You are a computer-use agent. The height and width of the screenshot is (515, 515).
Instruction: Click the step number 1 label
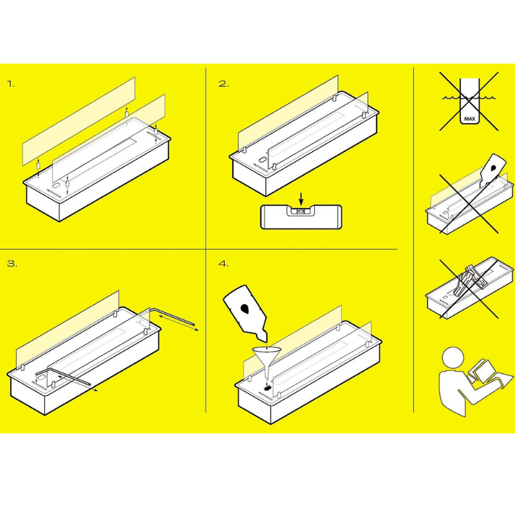click(x=11, y=84)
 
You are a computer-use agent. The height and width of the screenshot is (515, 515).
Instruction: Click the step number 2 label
click(x=223, y=84)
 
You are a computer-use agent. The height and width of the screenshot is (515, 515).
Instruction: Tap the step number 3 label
click(x=12, y=264)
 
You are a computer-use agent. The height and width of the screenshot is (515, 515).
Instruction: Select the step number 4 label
click(x=223, y=264)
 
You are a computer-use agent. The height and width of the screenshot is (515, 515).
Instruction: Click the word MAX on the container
click(x=469, y=119)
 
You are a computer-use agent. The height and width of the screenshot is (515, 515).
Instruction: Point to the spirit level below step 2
click(x=301, y=217)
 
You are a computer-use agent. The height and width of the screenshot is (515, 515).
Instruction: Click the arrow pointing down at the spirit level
click(x=301, y=199)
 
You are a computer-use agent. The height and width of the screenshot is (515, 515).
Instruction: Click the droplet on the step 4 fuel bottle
click(x=245, y=308)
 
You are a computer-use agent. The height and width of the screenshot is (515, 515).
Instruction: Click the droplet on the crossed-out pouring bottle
click(x=494, y=168)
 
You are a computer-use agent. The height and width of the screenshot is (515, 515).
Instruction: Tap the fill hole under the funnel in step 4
click(x=268, y=388)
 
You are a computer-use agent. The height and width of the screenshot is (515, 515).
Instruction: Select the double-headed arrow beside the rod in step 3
click(x=178, y=321)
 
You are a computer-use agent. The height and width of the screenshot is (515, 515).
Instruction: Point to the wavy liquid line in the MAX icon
click(x=469, y=97)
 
